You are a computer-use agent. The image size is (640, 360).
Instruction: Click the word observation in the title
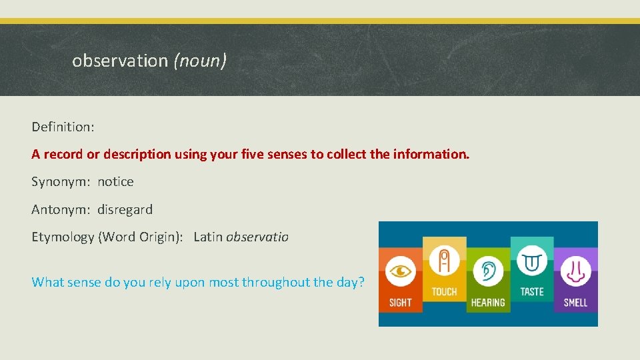tap(120, 61)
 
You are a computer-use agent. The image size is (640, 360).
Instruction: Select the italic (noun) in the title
tap(200, 61)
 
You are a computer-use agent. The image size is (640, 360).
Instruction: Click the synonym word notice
tap(115, 181)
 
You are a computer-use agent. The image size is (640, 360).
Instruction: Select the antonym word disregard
tap(125, 209)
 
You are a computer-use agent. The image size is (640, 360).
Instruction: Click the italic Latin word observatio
tap(257, 237)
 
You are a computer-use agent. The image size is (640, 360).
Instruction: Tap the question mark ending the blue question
tap(361, 282)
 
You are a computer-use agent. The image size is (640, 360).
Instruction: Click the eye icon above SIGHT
tap(400, 272)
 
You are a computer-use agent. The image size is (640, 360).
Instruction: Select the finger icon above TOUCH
tap(444, 261)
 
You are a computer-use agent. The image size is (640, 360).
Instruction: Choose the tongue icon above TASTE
tap(532, 260)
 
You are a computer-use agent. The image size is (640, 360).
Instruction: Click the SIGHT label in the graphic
tap(400, 303)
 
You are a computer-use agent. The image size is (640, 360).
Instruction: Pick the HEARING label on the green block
tap(488, 303)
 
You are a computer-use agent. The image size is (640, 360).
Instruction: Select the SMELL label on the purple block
tap(575, 303)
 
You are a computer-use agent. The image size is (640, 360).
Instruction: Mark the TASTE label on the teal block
tap(532, 291)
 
